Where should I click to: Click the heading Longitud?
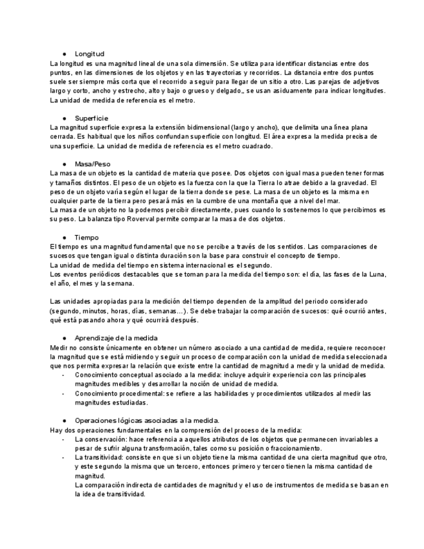pos(89,54)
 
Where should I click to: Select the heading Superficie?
pos(91,118)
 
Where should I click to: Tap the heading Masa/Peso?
pos(93,164)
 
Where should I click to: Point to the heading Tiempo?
pos(87,238)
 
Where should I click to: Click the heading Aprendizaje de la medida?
pos(116,338)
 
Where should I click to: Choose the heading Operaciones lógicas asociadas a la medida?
pos(147,420)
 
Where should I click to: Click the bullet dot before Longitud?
pos(65,54)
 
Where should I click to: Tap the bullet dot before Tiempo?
pos(65,238)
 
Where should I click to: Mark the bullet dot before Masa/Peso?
pos(65,164)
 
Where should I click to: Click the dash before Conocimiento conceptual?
pos(63,375)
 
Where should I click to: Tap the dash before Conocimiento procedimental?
pos(63,393)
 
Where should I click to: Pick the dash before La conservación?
pos(63,439)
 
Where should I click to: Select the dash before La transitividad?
pos(63,457)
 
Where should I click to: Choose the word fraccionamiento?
pos(291,448)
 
